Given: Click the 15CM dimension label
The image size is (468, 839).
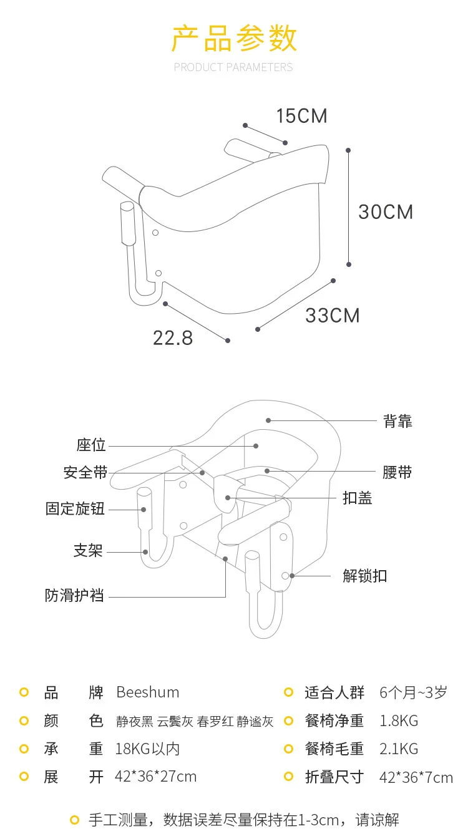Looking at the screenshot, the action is [x=301, y=116].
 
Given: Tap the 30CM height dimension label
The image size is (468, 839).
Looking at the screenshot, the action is [x=386, y=211].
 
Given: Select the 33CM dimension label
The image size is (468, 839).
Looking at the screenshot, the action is [x=333, y=316].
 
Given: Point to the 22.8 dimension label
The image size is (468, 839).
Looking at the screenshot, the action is [x=173, y=338].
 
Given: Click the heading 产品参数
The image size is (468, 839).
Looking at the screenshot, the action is [x=234, y=38].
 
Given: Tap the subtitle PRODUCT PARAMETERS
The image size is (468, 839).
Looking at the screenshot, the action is [x=233, y=67].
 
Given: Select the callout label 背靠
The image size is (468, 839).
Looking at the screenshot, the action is [x=397, y=421].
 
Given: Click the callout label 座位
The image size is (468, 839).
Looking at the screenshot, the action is [x=91, y=445].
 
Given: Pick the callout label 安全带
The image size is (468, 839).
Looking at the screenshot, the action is [x=85, y=472].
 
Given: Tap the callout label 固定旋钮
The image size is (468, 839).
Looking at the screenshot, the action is [x=75, y=508].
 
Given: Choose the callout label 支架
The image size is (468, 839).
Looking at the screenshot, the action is [x=88, y=550].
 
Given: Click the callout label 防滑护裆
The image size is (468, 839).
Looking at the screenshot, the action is [x=74, y=595].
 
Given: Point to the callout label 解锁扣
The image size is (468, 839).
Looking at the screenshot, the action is [x=364, y=576].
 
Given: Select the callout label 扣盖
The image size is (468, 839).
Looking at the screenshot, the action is [x=358, y=498].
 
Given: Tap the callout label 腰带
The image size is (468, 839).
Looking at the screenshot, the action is [x=397, y=472].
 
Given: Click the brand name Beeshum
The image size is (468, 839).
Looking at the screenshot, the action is [x=148, y=692].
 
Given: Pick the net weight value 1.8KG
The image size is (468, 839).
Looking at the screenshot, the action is [x=399, y=720].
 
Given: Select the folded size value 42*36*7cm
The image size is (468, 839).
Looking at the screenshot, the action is [x=416, y=778].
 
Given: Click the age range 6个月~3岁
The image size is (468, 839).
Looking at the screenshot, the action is [x=413, y=692].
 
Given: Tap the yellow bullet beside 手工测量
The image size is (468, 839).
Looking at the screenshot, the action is [x=74, y=820].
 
